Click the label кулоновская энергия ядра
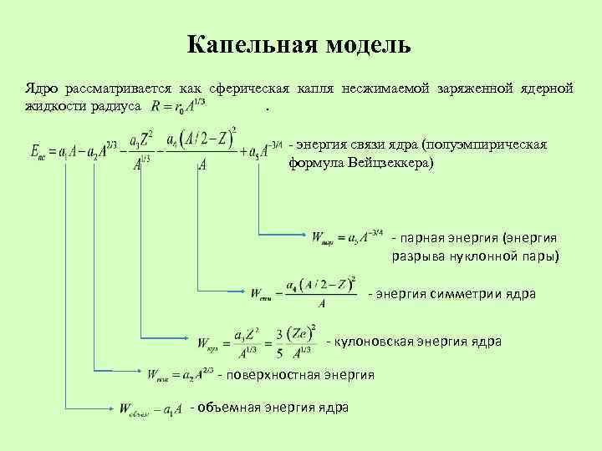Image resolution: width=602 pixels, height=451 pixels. [x=418, y=341]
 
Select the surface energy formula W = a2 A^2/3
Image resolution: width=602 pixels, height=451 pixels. [x=180, y=375]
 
